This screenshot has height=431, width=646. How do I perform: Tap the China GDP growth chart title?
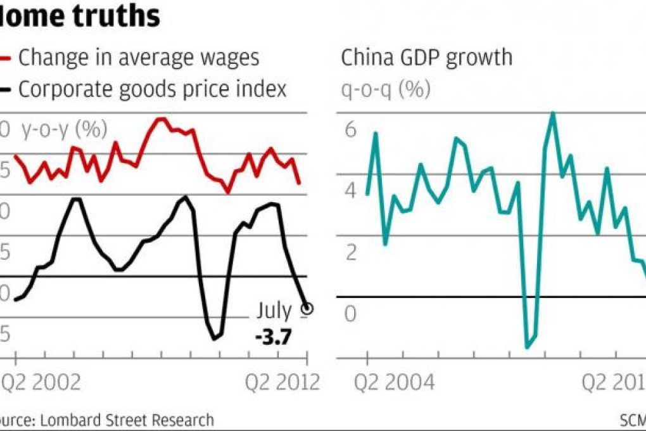[x=426, y=58]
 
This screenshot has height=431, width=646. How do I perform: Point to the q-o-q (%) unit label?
[x=386, y=89]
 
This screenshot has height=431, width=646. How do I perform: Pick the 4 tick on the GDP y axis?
[x=351, y=191]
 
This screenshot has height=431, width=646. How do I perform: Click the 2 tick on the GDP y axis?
[x=351, y=252]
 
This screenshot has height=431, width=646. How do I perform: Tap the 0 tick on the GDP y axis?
[x=351, y=313]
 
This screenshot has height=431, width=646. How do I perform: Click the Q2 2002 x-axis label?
[x=40, y=382]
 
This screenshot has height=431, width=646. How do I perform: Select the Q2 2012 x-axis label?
[x=282, y=382]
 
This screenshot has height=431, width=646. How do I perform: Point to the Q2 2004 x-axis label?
[x=394, y=382]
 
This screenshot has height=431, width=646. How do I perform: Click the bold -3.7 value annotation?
[x=272, y=336]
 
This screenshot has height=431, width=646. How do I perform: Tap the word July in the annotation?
[x=274, y=311]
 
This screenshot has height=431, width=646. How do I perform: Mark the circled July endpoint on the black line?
[x=308, y=309]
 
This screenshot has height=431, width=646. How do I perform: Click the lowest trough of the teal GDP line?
[x=527, y=347]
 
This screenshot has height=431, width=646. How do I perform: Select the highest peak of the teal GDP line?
[x=553, y=113]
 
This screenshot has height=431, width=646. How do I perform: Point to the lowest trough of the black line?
[x=214, y=338]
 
